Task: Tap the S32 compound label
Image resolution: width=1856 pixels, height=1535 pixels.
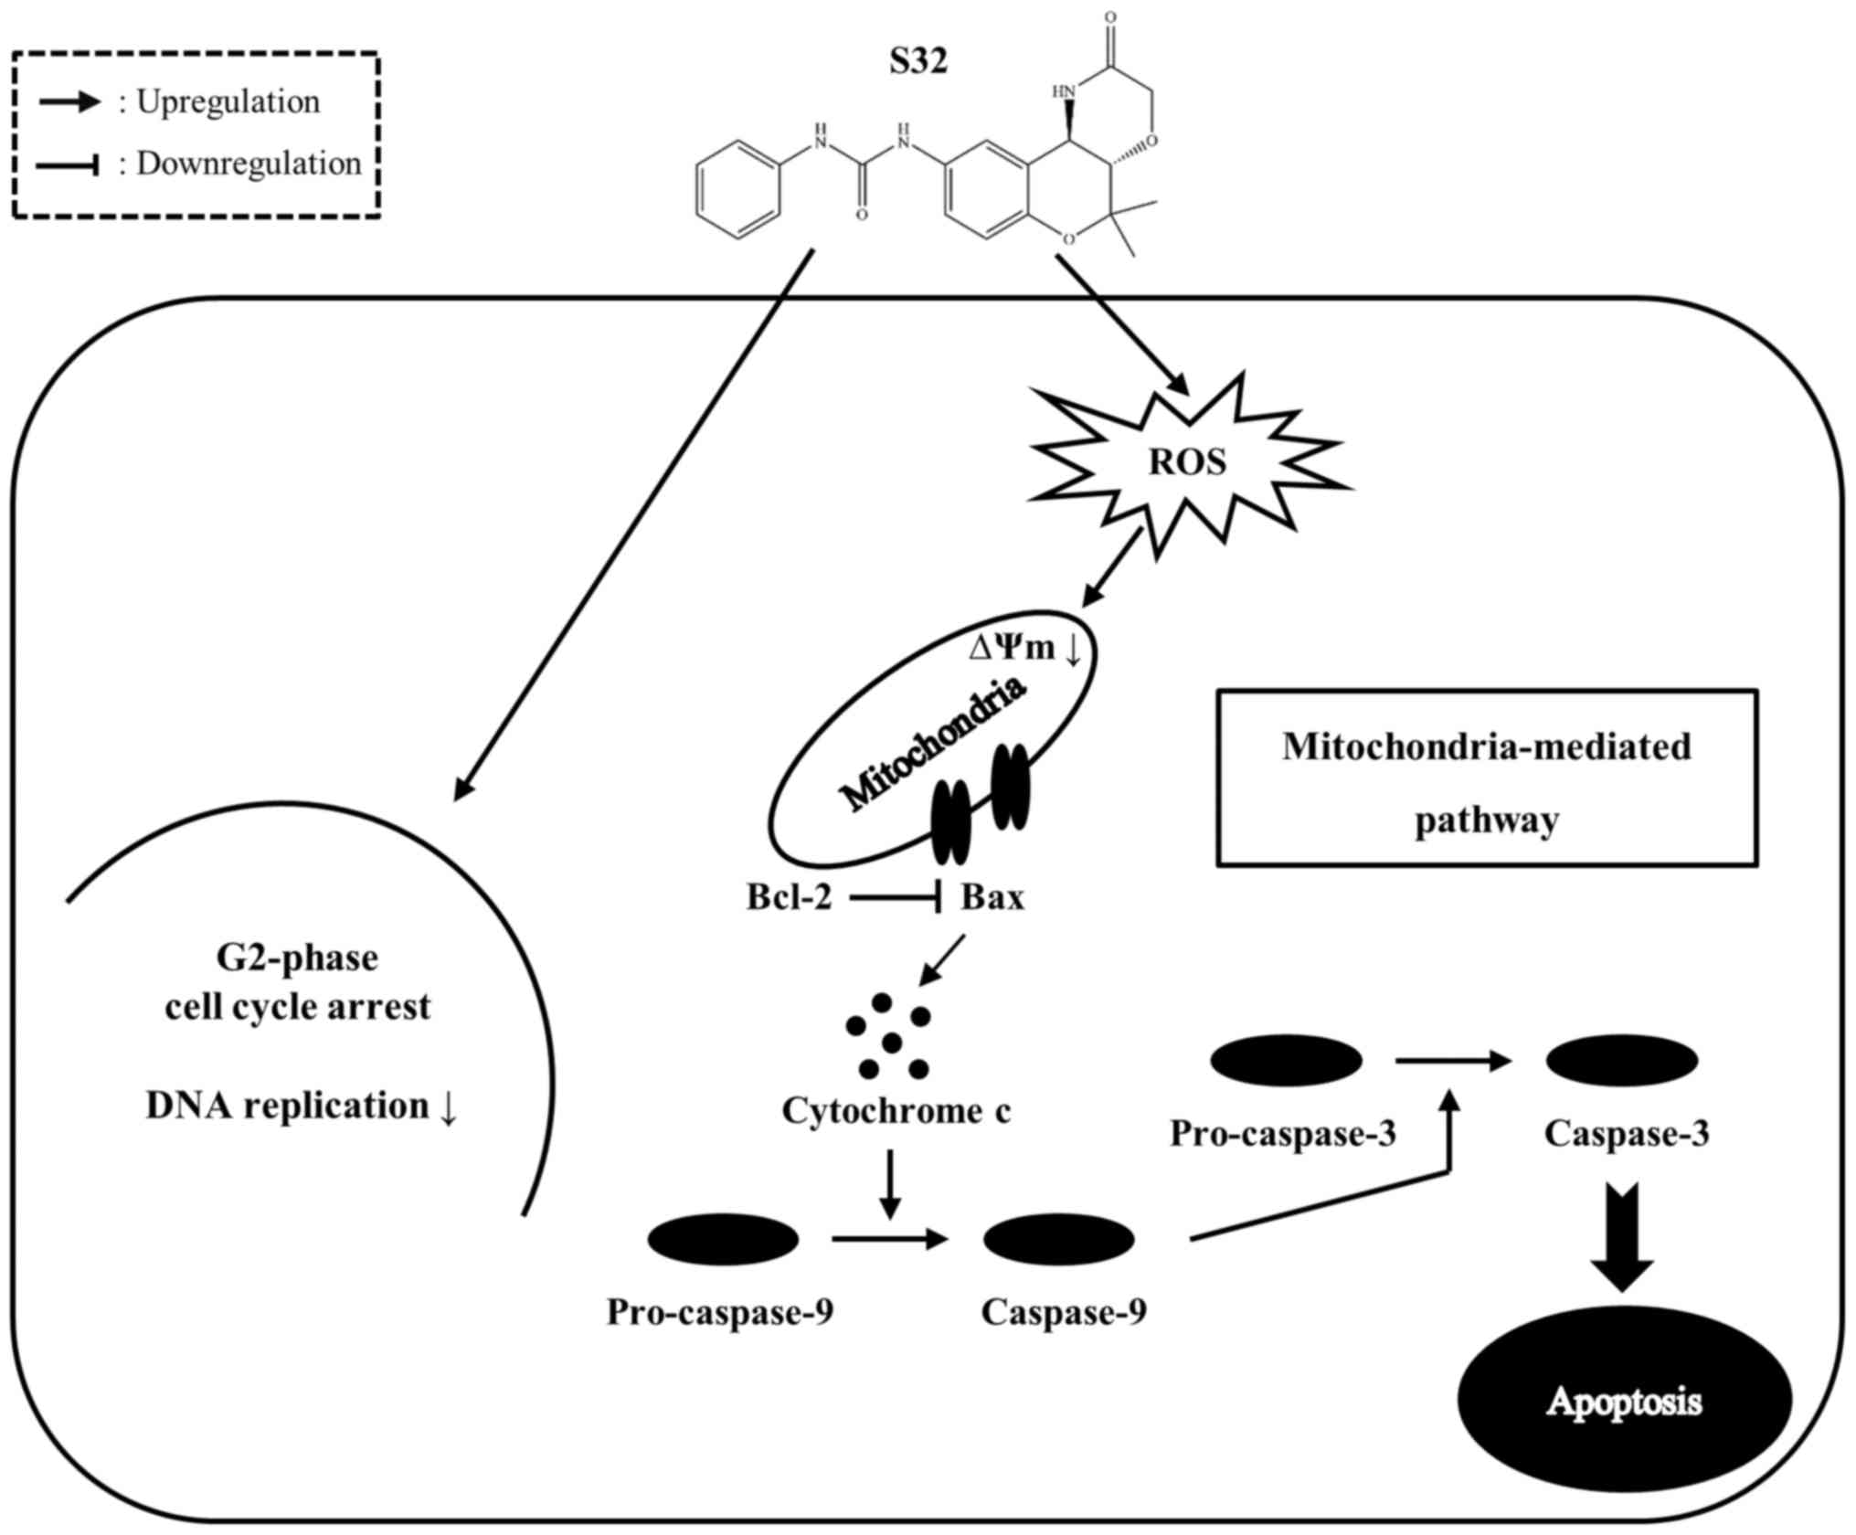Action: (x=918, y=61)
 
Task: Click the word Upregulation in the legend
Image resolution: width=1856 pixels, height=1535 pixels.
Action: (x=228, y=101)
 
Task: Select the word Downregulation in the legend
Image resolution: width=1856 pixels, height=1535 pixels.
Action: (x=249, y=164)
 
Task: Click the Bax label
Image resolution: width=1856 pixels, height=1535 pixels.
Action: (x=992, y=897)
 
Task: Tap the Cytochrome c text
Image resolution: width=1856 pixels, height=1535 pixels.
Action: (x=896, y=1111)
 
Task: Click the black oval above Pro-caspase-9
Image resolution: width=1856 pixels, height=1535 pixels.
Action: (x=723, y=1240)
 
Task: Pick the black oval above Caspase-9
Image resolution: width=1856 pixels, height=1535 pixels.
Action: (x=1058, y=1240)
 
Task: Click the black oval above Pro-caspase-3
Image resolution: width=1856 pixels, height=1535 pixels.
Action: (x=1286, y=1061)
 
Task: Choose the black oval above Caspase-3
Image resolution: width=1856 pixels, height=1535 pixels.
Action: (x=1621, y=1061)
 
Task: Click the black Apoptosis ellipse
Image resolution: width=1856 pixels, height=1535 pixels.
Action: (x=1624, y=1401)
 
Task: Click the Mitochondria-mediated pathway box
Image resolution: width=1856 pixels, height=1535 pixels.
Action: (x=1486, y=778)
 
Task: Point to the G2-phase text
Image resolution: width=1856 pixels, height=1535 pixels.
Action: (x=297, y=958)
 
